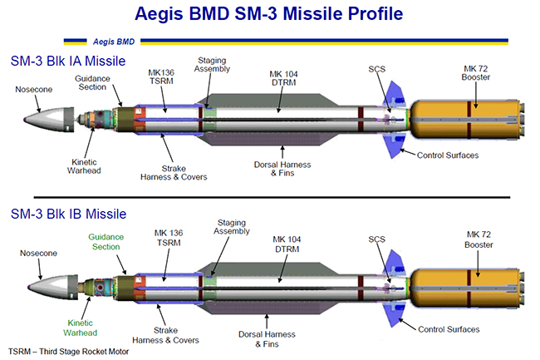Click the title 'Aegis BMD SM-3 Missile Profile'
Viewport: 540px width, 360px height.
tap(270, 14)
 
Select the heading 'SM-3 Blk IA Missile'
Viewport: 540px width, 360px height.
tap(67, 61)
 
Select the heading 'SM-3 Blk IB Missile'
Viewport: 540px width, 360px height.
tap(67, 215)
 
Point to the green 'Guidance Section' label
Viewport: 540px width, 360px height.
tap(106, 241)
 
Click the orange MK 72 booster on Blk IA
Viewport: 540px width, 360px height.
tap(472, 121)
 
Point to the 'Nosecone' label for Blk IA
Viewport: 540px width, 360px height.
tap(35, 87)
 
